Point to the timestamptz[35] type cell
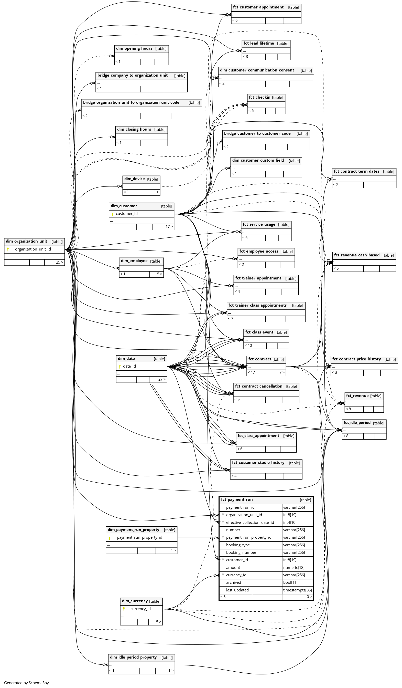(x=297, y=590)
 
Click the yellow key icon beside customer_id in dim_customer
(x=112, y=214)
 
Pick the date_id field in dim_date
(x=129, y=366)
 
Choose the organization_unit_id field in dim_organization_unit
(x=33, y=249)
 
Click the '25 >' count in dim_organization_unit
(x=59, y=262)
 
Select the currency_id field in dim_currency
(x=140, y=609)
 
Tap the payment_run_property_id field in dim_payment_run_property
(x=139, y=538)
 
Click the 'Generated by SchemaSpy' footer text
(x=26, y=683)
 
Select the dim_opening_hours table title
(x=134, y=49)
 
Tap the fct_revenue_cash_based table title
(x=356, y=255)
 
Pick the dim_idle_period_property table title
(x=133, y=658)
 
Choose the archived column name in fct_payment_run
(x=233, y=583)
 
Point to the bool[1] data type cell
(x=289, y=583)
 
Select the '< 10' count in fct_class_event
(x=248, y=346)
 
